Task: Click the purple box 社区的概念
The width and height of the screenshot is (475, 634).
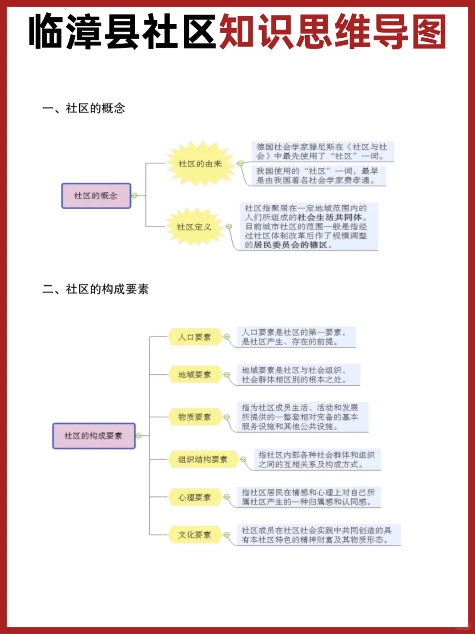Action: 96,196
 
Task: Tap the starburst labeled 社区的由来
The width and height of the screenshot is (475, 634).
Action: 200,164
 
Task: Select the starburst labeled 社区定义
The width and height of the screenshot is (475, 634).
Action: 194,227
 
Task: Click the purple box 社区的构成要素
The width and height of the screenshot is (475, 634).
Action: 94,436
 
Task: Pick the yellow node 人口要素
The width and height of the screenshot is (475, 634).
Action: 194,337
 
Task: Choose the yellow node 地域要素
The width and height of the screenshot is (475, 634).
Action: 194,375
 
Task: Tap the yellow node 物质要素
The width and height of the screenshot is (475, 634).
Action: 194,417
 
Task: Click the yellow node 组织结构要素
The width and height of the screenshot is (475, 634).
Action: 202,460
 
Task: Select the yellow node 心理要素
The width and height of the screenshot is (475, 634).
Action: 194,498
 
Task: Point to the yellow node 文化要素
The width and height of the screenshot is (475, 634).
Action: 194,535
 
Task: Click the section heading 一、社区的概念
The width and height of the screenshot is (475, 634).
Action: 84,108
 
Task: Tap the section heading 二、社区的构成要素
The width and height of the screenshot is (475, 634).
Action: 95,289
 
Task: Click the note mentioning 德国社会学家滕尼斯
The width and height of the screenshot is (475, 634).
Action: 322,151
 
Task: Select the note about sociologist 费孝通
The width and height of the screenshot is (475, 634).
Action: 317,176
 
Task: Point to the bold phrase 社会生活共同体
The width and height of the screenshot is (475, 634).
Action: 330,217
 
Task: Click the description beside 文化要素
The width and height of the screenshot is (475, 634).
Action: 317,535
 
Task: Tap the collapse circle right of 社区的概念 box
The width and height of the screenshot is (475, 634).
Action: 135,196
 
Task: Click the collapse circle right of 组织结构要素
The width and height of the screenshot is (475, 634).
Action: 243,460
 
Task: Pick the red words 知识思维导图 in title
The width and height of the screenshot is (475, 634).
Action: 332,32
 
